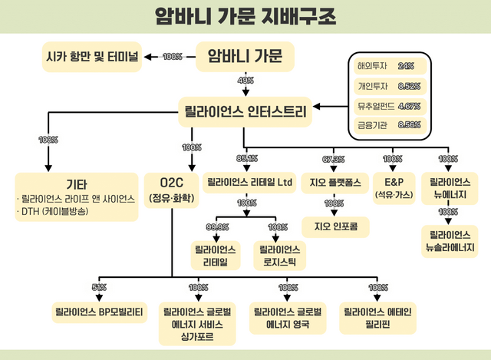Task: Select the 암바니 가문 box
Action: tap(245, 56)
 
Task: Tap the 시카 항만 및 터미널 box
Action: tap(92, 56)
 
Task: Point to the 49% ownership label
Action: tap(245, 81)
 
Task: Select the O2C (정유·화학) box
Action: tap(173, 190)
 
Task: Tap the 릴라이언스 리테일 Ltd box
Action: tap(250, 184)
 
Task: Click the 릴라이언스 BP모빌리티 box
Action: tap(100, 313)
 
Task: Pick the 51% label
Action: tap(99, 287)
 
